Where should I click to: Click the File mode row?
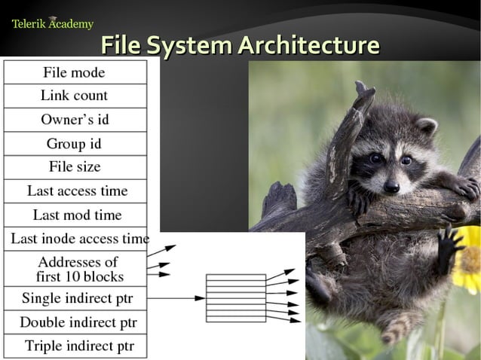pyautogui.click(x=74, y=72)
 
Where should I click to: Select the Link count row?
pyautogui.click(x=74, y=96)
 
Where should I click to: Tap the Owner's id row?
pyautogui.click(x=75, y=120)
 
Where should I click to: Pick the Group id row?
pyautogui.click(x=74, y=144)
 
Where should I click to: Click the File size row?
pyautogui.click(x=74, y=167)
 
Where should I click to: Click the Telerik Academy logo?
pyautogui.click(x=52, y=23)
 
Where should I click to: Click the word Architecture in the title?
pyautogui.click(x=308, y=46)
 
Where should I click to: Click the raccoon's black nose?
pyautogui.click(x=391, y=186)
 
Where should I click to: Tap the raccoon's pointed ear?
pyautogui.click(x=427, y=126)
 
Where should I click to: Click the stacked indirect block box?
pyautogui.click(x=236, y=298)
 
